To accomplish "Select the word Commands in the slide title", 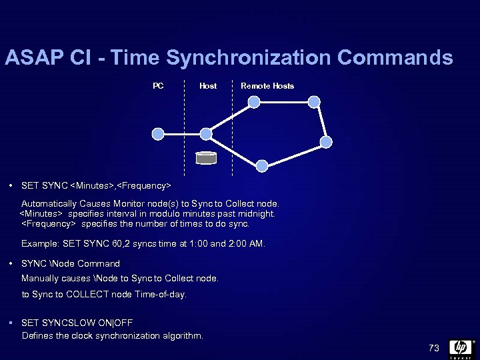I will tap(395, 58).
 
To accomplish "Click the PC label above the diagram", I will tap(158, 85).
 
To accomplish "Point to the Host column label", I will tap(208, 86).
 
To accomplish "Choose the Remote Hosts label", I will tap(267, 86).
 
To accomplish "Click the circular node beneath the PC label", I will tap(158, 134).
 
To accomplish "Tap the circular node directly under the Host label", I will tap(206, 134).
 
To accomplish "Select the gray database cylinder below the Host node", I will tap(206, 159).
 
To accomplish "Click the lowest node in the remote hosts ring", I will tap(263, 165).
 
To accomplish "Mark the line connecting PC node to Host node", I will tap(182, 134).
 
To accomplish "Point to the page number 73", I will tap(434, 348).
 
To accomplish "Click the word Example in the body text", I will tap(39, 244).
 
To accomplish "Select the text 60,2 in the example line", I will tap(114, 244).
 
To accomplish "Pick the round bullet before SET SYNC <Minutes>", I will tap(12, 185).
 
